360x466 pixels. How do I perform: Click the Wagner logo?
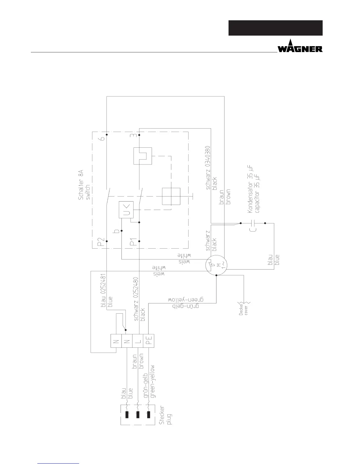pyautogui.click(x=300, y=46)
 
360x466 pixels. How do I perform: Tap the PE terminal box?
pyautogui.click(x=148, y=341)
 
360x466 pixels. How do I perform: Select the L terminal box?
pyautogui.click(x=138, y=341)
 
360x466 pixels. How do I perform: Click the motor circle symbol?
pyautogui.click(x=216, y=265)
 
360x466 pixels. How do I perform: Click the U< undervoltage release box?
pyautogui.click(x=126, y=209)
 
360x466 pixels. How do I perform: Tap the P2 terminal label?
pyautogui.click(x=101, y=242)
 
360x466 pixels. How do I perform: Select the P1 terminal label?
pyautogui.click(x=133, y=242)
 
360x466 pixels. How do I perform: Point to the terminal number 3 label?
pyautogui.click(x=133, y=135)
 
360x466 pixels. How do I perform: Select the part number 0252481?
pyautogui.click(x=103, y=284)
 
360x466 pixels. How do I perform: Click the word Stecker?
pyautogui.click(x=162, y=415)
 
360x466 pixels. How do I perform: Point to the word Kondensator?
pyautogui.click(x=250, y=197)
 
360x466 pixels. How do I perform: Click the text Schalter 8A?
pyautogui.click(x=81, y=185)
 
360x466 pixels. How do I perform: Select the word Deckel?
pyautogui.click(x=241, y=309)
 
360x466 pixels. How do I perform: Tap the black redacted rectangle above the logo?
pyautogui.click(x=276, y=28)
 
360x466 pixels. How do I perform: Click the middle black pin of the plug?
pyautogui.click(x=138, y=415)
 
